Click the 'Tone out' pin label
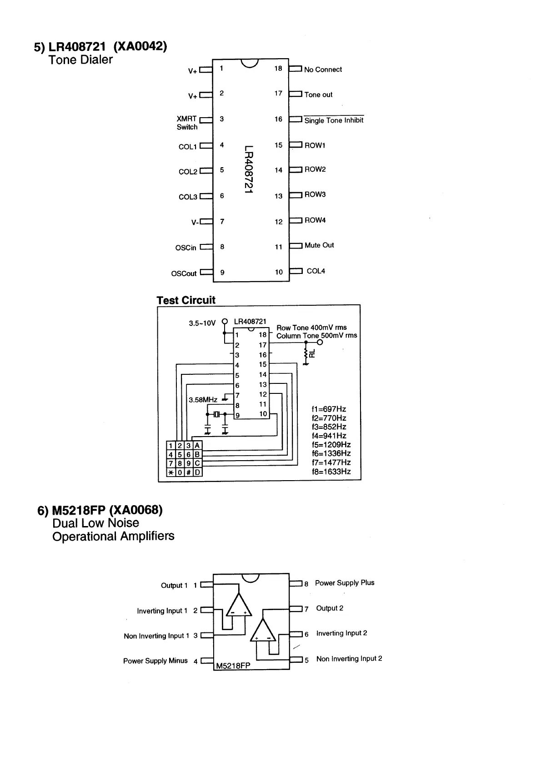click(x=318, y=94)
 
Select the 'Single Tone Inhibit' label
click(x=334, y=120)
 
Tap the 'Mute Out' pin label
click(x=319, y=245)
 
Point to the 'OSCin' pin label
click(x=185, y=248)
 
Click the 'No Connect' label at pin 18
click(x=323, y=70)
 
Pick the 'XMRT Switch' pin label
click(x=187, y=123)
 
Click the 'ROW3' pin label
click(x=315, y=194)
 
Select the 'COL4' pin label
click(x=316, y=271)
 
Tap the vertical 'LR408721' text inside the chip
click(x=248, y=169)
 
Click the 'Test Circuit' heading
click(x=186, y=300)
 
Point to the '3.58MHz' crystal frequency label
click(x=203, y=400)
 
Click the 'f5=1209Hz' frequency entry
click(x=331, y=445)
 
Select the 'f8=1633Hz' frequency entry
click(x=331, y=472)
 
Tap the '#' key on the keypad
click(x=189, y=472)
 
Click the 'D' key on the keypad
click(x=198, y=472)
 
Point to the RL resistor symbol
click(x=306, y=353)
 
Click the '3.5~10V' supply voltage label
click(x=202, y=323)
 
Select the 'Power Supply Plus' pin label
click(x=345, y=583)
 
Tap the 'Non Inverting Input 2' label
click(x=349, y=659)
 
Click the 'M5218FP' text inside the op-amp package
click(x=233, y=666)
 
